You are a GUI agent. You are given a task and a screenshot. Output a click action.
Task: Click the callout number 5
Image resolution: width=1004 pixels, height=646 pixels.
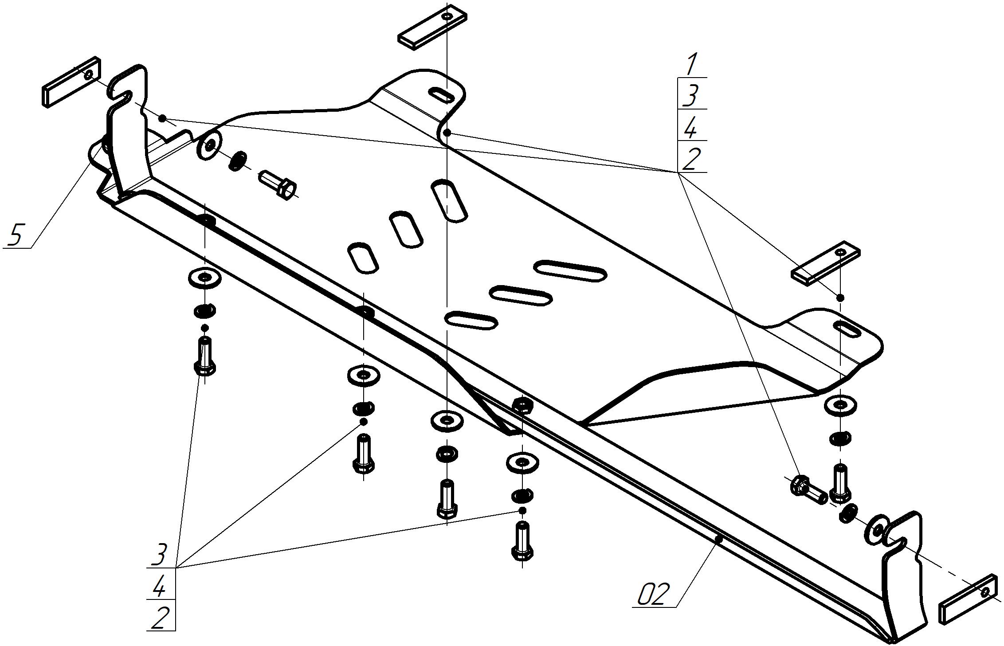15,235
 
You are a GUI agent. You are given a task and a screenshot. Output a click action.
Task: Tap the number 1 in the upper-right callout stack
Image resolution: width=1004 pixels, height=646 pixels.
691,64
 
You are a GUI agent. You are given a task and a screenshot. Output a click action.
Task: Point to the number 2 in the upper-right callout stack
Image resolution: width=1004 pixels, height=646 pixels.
692,159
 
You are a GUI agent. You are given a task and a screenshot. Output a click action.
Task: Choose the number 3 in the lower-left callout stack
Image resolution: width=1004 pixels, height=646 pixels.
159,555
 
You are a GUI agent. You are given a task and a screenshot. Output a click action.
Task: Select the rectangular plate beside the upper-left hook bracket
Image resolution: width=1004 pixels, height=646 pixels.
71,82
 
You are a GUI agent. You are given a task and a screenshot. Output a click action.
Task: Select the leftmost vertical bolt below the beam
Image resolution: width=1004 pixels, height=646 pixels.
204,356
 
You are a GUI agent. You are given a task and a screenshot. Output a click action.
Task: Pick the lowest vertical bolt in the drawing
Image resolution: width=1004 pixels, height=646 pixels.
522,541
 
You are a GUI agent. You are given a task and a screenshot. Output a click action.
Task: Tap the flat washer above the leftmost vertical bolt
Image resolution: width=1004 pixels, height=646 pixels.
204,278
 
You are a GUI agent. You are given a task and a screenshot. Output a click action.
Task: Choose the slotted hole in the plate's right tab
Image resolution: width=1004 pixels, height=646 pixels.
847,330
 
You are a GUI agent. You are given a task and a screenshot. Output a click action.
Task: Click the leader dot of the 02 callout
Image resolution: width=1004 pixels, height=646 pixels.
719,540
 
